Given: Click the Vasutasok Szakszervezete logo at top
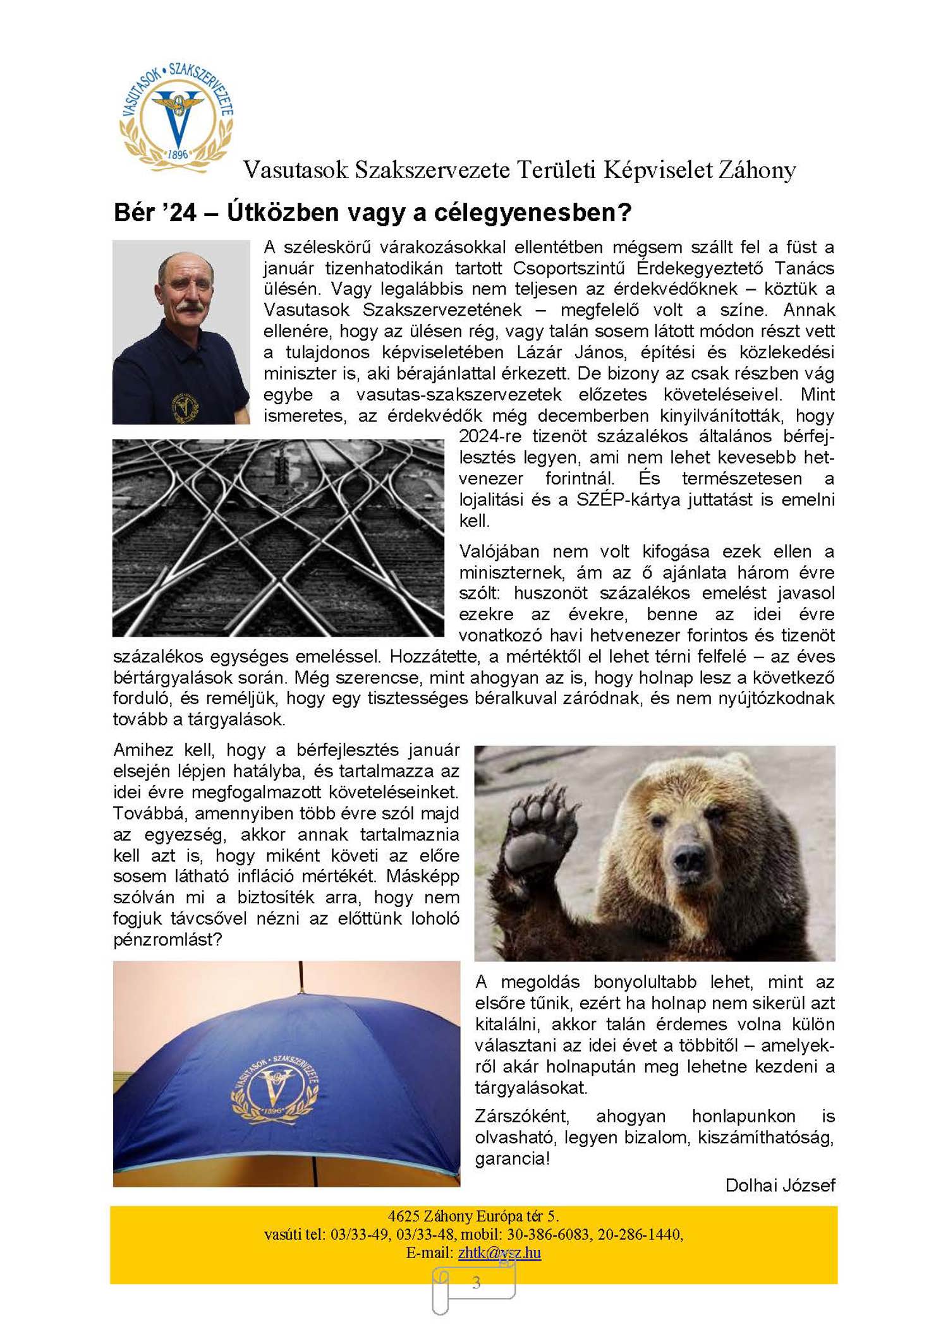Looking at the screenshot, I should coord(176,117).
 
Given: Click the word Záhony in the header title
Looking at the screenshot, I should coord(756,170).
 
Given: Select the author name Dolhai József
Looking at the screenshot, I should coord(780,1185).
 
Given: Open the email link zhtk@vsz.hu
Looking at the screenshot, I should coord(499,1252).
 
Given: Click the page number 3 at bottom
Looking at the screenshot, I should coord(476,1283).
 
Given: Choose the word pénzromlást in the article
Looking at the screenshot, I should coord(167,939).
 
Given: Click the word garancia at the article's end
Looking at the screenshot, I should coord(511,1158).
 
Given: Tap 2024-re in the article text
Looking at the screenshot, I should coord(490,436).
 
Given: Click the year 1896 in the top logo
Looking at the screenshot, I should coord(178,154).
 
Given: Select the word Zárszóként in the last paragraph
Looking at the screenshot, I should coord(521,1116).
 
